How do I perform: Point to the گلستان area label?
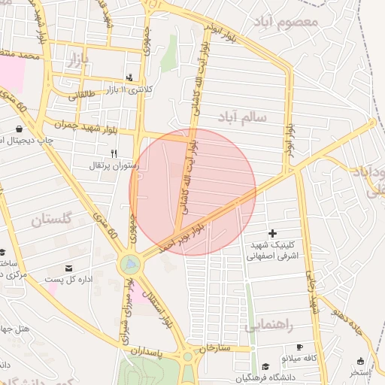click(52, 220)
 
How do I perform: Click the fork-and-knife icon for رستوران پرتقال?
click(114, 153)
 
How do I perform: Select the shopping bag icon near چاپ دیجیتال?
click(19, 129)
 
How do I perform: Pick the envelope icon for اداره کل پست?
click(69, 268)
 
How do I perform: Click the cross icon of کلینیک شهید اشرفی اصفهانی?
click(272, 234)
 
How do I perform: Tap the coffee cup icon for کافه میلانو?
click(300, 347)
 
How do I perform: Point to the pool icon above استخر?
click(360, 361)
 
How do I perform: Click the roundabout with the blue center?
click(129, 264)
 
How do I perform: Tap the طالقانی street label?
click(83, 95)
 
